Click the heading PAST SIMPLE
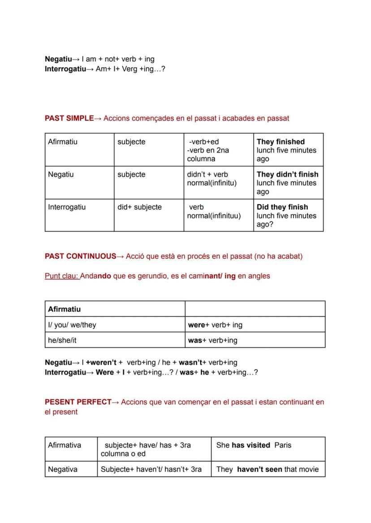(69, 119)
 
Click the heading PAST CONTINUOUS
(80, 256)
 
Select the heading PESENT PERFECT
(78, 402)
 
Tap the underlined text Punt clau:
(62, 276)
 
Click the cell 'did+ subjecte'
(139, 207)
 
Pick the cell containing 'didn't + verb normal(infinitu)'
(211, 179)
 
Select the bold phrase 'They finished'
(280, 142)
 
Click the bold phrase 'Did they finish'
(282, 207)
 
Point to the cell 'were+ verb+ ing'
(215, 325)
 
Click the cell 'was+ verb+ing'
(213, 340)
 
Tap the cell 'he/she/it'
(62, 340)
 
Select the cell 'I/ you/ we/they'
(72, 325)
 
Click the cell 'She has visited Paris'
(254, 445)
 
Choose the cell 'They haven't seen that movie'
(267, 469)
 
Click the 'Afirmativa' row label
(65, 445)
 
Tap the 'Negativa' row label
(63, 469)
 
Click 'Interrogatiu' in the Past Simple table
(67, 207)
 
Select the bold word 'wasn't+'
(193, 362)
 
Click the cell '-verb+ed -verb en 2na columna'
(208, 150)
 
